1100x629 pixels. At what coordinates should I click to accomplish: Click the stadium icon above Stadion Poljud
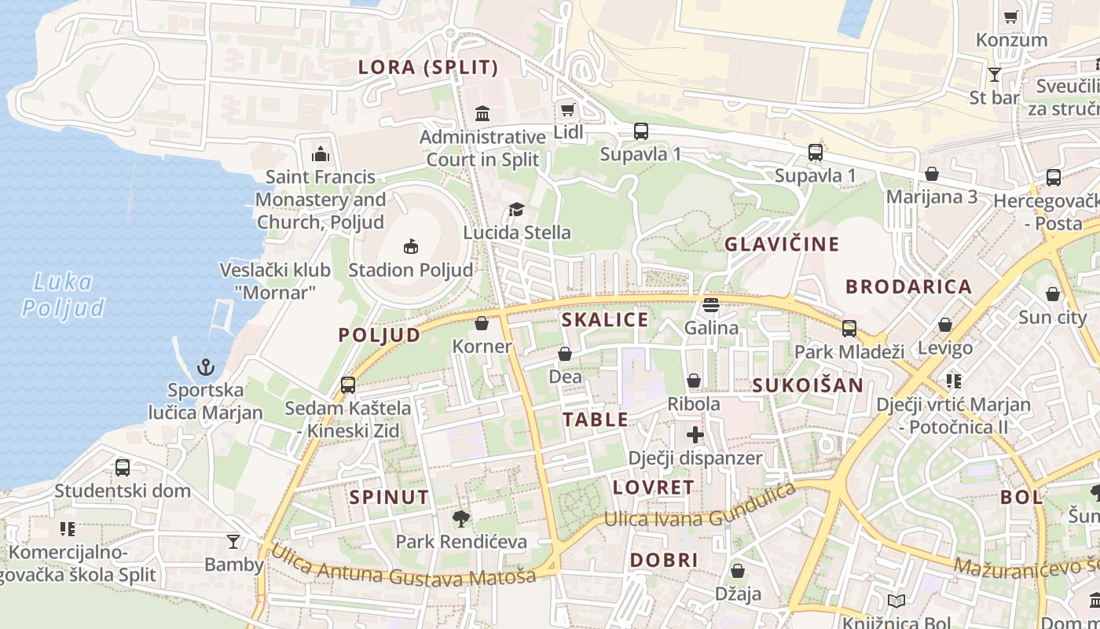pyautogui.click(x=410, y=247)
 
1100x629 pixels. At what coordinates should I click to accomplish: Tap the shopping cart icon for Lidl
pyautogui.click(x=567, y=109)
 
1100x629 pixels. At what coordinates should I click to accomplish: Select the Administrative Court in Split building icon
pyautogui.click(x=482, y=113)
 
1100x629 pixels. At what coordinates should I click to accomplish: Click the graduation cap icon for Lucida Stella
pyautogui.click(x=516, y=209)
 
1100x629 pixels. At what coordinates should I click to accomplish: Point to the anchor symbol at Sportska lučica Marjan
pyautogui.click(x=205, y=366)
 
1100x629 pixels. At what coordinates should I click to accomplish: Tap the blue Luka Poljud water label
pyautogui.click(x=63, y=295)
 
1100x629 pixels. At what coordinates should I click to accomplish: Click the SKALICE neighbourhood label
pyautogui.click(x=605, y=319)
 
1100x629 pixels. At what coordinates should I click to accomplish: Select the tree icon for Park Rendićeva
pyautogui.click(x=461, y=518)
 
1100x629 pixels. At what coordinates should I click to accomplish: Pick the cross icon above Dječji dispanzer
pyautogui.click(x=695, y=434)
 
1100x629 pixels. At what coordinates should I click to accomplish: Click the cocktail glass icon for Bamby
pyautogui.click(x=233, y=541)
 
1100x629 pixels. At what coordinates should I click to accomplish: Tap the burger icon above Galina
pyautogui.click(x=711, y=304)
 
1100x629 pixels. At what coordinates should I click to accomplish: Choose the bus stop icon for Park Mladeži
pyautogui.click(x=849, y=328)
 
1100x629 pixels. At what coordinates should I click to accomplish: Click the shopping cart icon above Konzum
pyautogui.click(x=1011, y=17)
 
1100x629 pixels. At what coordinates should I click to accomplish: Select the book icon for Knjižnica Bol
pyautogui.click(x=896, y=601)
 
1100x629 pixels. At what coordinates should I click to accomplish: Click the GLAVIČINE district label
pyautogui.click(x=782, y=244)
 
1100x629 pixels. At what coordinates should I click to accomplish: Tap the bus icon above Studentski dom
pyautogui.click(x=123, y=467)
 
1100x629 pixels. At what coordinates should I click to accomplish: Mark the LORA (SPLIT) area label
pyautogui.click(x=428, y=68)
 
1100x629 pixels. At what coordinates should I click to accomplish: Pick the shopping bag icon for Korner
pyautogui.click(x=482, y=323)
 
